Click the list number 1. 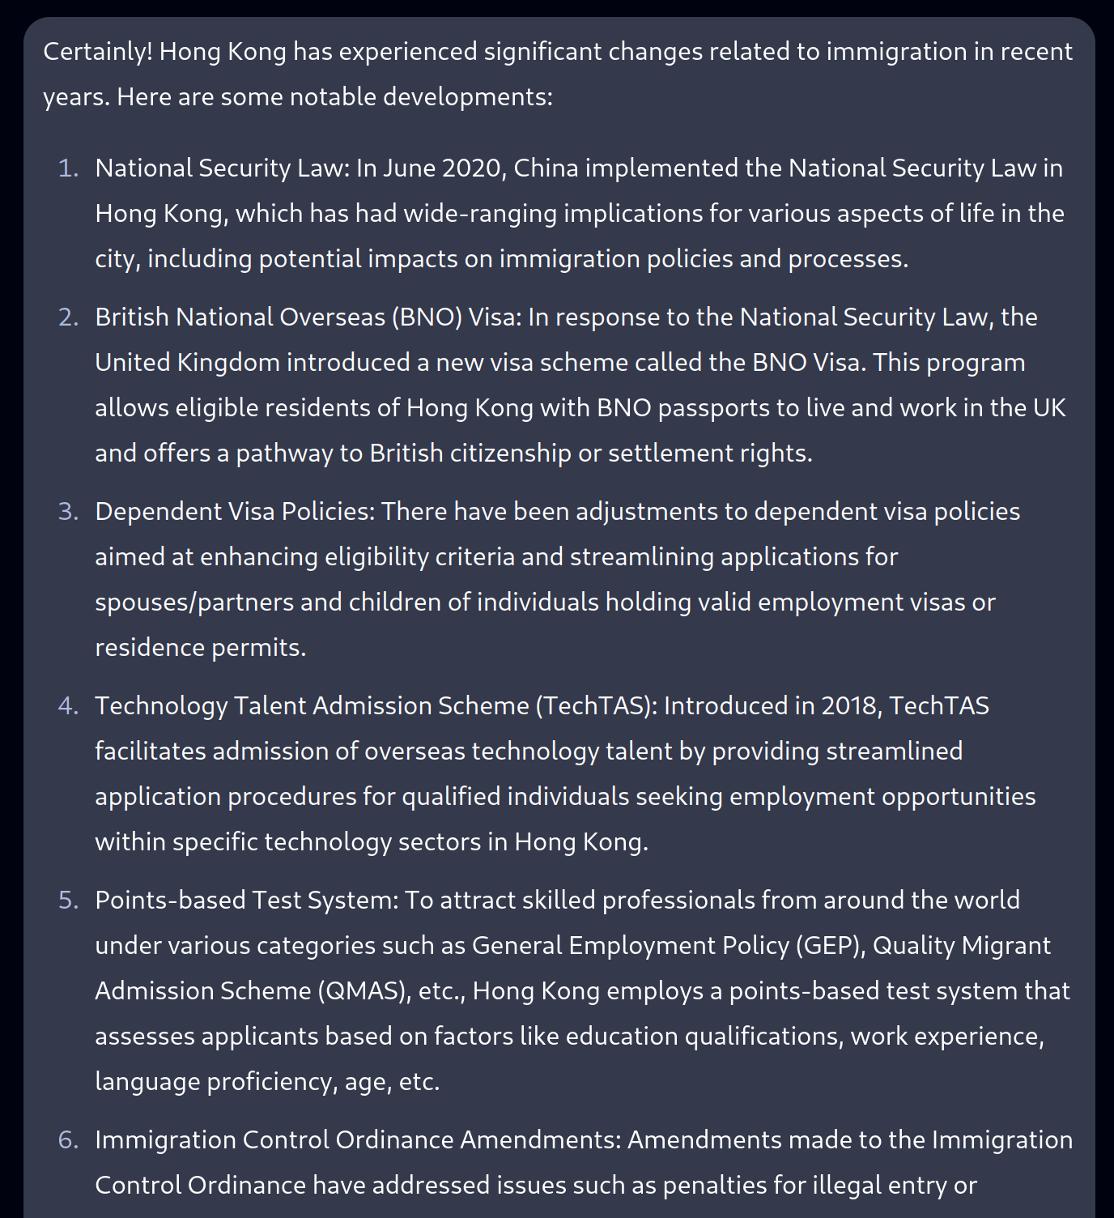point(68,168)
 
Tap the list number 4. point(68,706)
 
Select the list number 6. point(68,1140)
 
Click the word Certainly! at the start point(98,52)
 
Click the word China point(546,168)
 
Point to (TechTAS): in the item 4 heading point(596,706)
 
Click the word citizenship point(510,454)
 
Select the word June point(409,168)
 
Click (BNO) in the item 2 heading point(427,317)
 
